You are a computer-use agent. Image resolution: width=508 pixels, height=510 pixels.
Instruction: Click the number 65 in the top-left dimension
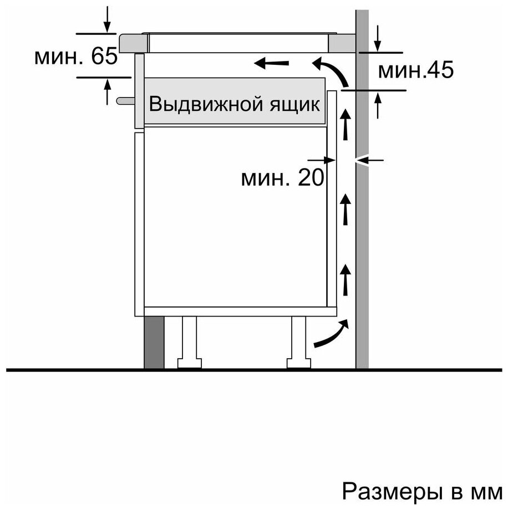(104, 56)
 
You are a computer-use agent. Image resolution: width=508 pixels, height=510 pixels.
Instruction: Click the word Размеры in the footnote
(392, 491)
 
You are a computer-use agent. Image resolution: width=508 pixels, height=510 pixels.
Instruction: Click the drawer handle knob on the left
(126, 101)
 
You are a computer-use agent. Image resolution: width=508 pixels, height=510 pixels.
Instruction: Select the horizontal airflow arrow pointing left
(271, 63)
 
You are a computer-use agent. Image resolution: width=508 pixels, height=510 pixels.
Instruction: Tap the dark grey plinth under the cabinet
(154, 342)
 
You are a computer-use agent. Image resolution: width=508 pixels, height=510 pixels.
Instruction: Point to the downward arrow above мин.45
(378, 38)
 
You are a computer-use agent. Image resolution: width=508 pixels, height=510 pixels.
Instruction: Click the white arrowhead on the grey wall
(362, 160)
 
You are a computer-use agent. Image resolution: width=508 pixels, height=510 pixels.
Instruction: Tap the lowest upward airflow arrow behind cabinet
(346, 280)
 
